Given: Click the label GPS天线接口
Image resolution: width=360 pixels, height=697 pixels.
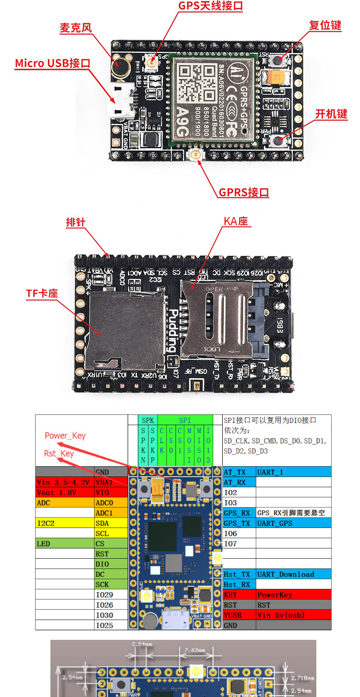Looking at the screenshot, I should [210, 6].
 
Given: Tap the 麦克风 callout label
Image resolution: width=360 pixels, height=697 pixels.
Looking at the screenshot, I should [75, 28].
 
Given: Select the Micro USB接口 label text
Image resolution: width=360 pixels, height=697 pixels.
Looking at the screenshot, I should [52, 63].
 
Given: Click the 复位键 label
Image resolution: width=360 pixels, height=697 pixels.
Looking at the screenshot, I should [325, 25].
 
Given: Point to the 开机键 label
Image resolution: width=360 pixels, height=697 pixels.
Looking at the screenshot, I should [331, 114].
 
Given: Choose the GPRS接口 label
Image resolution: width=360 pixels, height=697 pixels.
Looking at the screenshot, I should [244, 192].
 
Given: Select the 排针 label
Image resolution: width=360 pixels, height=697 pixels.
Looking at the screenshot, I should [75, 222].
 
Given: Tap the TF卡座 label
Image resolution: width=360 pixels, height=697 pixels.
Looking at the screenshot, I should [42, 293].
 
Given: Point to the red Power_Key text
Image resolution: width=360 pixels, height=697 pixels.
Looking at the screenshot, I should [65, 436].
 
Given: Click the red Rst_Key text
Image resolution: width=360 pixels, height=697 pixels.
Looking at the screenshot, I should [59, 454].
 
